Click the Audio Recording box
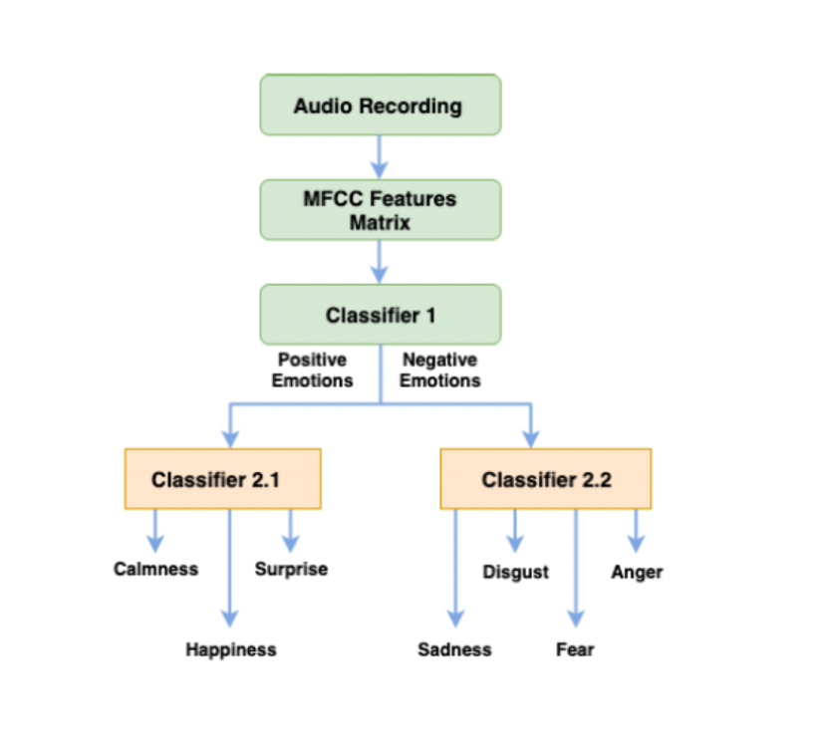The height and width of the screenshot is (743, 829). [381, 105]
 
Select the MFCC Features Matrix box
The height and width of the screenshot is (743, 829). [381, 210]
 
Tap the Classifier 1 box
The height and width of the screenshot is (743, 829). [381, 315]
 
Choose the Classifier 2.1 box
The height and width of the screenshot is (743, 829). [222, 479]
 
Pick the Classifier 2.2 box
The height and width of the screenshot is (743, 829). [546, 479]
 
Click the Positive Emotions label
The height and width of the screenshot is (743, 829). [312, 370]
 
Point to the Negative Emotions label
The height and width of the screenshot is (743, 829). [439, 370]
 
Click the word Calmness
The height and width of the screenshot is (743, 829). [156, 569]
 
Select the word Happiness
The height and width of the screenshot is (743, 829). [231, 649]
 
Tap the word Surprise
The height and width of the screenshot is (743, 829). [291, 569]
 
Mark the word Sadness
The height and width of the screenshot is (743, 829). [454, 649]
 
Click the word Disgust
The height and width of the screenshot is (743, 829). [515, 573]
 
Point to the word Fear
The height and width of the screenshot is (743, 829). [575, 649]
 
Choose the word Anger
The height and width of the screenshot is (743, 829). [637, 573]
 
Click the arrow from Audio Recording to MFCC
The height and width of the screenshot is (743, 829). [379, 157]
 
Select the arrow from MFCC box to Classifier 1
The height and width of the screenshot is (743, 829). [379, 262]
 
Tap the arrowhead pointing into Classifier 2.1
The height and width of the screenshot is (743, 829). [230, 439]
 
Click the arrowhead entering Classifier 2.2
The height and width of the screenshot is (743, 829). [531, 439]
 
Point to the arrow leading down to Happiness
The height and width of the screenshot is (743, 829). [229, 568]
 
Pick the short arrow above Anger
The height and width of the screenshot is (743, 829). [636, 531]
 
